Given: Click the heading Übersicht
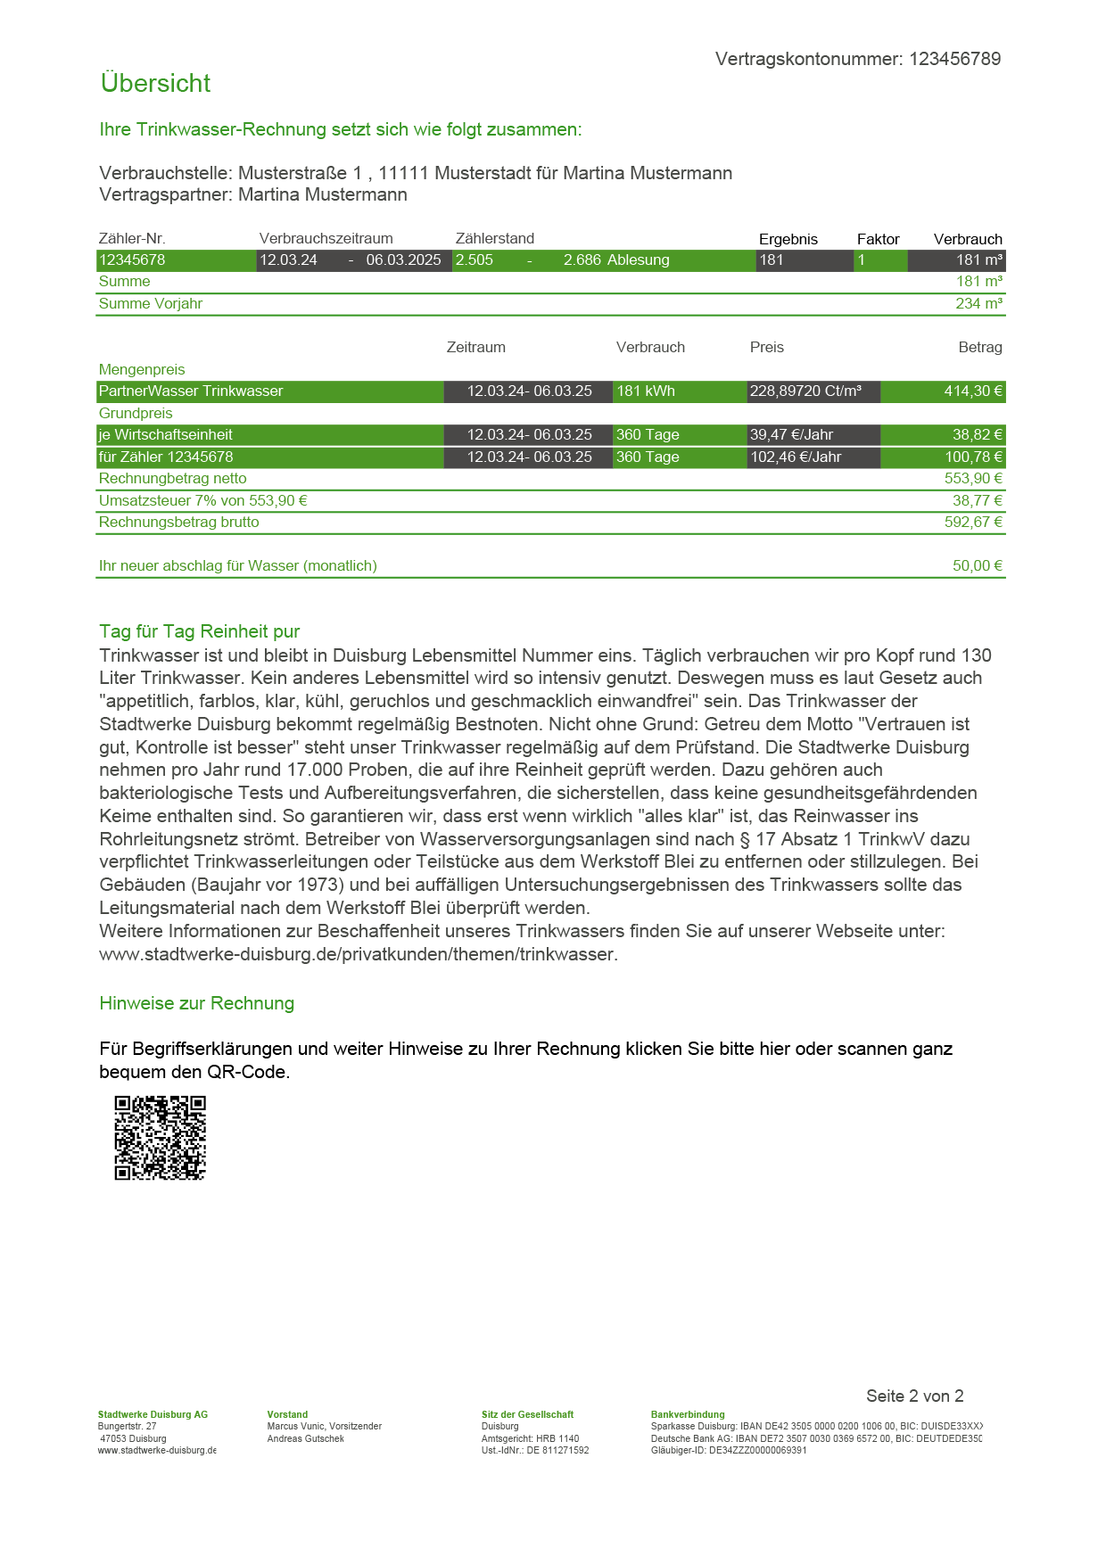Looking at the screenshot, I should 155,83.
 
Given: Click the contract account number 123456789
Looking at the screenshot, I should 954,59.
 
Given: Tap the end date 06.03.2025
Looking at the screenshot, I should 403,260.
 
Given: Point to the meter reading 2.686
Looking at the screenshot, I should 582,260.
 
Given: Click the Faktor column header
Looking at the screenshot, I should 878,239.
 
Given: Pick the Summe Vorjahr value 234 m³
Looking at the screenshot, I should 978,304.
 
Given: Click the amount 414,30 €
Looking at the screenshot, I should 973,391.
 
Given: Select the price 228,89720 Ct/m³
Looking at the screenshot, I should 805,391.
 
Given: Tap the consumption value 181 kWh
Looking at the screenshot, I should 645,391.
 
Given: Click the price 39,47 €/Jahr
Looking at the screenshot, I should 791,435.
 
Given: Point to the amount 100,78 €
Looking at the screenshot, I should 973,457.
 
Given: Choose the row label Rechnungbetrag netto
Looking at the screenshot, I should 172,479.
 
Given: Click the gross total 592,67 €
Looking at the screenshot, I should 973,523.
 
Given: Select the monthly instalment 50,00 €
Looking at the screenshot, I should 977,566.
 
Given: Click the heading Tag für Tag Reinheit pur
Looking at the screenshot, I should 199,631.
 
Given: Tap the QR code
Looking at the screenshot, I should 161,1138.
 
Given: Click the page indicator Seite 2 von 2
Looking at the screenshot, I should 914,1396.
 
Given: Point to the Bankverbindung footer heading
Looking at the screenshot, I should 688,1414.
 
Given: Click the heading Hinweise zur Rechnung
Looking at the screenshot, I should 196,1003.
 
